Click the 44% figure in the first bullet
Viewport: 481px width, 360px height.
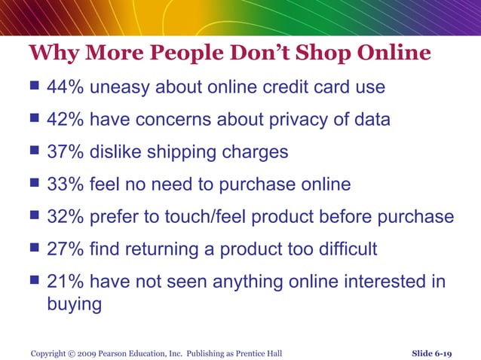(66, 87)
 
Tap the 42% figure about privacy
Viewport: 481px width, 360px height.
(66, 120)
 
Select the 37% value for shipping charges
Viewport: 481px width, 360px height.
(66, 152)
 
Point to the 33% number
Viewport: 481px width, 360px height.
(66, 185)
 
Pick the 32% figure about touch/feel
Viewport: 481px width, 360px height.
(66, 217)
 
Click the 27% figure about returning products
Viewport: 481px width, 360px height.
(66, 249)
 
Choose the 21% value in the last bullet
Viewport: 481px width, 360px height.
(66, 282)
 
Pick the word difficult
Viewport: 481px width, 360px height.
(347, 249)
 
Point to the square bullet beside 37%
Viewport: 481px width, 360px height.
(33, 152)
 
